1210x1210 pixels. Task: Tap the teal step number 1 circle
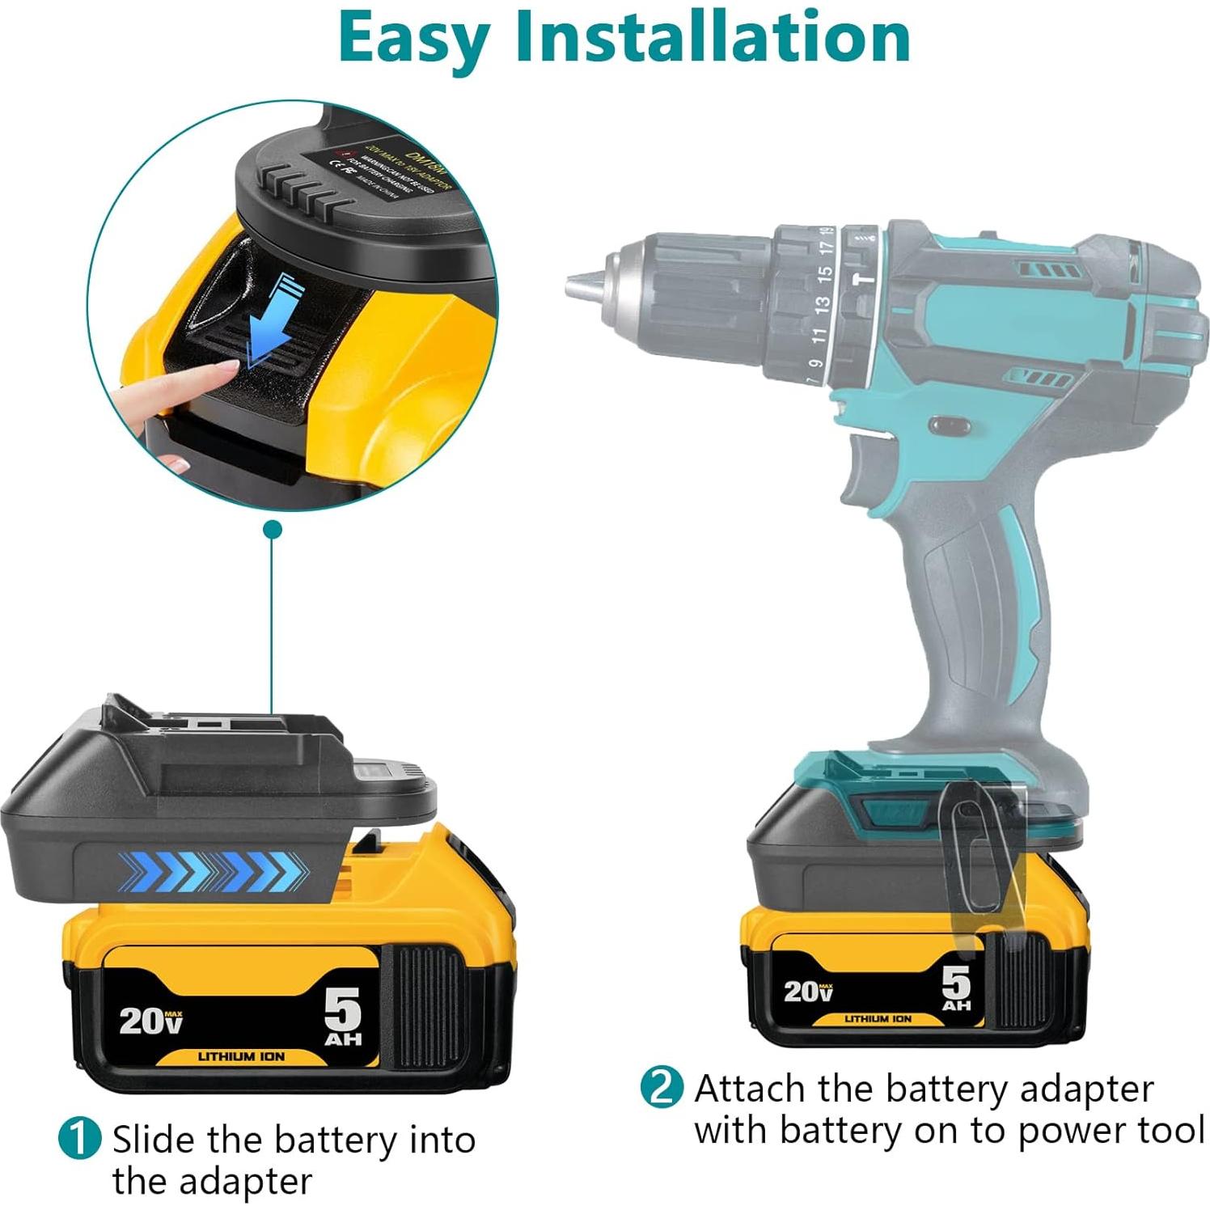coord(79,1139)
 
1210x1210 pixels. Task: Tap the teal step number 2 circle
coord(662,1088)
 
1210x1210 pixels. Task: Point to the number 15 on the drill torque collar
coord(824,274)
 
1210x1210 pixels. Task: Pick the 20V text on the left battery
coord(150,1020)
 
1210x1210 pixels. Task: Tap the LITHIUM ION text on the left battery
coord(241,1056)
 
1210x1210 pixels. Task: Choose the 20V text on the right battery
coord(808,991)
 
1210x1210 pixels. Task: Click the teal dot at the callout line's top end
coord(273,531)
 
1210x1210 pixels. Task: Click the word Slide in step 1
coord(154,1140)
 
